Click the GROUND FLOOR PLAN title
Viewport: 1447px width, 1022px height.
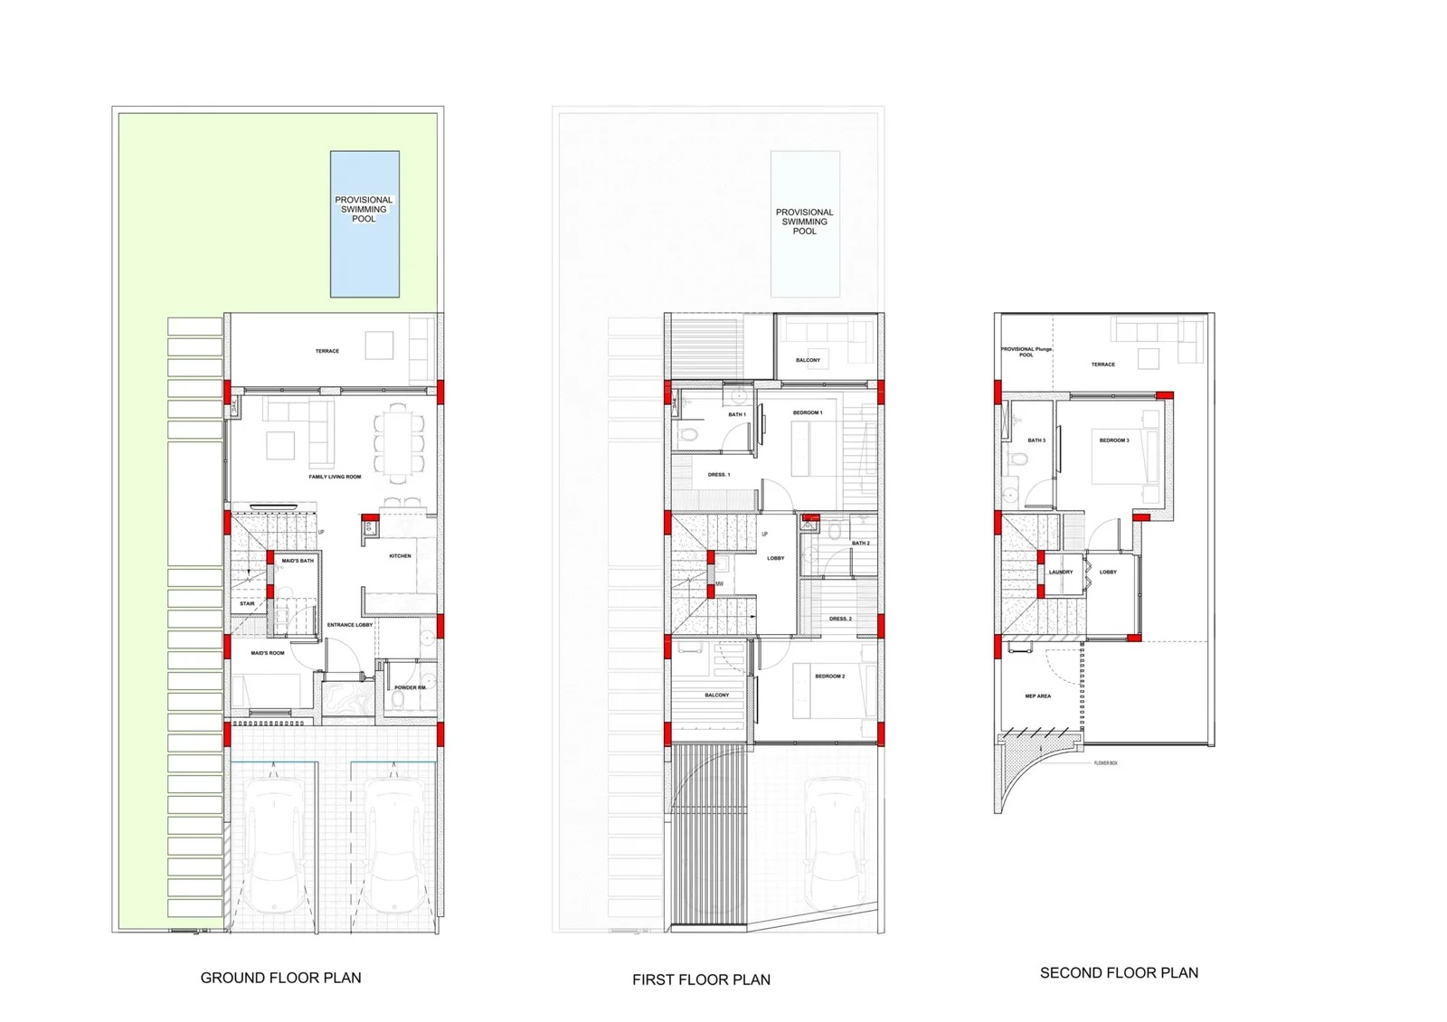tap(280, 978)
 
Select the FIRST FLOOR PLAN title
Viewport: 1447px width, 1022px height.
tap(701, 979)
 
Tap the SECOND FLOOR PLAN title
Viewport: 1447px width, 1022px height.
tap(1119, 973)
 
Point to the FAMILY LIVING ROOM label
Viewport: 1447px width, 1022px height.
tap(335, 477)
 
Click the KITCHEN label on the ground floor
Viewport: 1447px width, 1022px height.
tap(400, 556)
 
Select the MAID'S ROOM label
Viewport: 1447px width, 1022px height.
tap(268, 653)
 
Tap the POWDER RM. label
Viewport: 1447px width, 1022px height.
tap(411, 687)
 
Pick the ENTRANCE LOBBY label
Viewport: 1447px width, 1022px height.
tap(350, 625)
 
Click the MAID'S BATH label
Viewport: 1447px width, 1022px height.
tap(298, 561)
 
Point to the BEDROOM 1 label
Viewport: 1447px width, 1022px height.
tap(808, 412)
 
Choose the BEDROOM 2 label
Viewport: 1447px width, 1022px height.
tap(829, 677)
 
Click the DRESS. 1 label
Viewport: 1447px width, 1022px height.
tap(719, 475)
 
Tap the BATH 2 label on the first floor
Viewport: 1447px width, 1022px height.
tap(861, 544)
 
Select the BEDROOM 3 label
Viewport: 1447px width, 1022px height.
tap(1114, 440)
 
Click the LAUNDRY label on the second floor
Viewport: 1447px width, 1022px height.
tap(1061, 573)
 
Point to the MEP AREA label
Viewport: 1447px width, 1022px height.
tap(1037, 696)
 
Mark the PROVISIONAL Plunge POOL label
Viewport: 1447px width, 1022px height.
tap(1026, 352)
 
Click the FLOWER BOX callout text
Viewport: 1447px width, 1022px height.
tap(1105, 763)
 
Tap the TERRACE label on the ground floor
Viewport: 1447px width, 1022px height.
tap(327, 351)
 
